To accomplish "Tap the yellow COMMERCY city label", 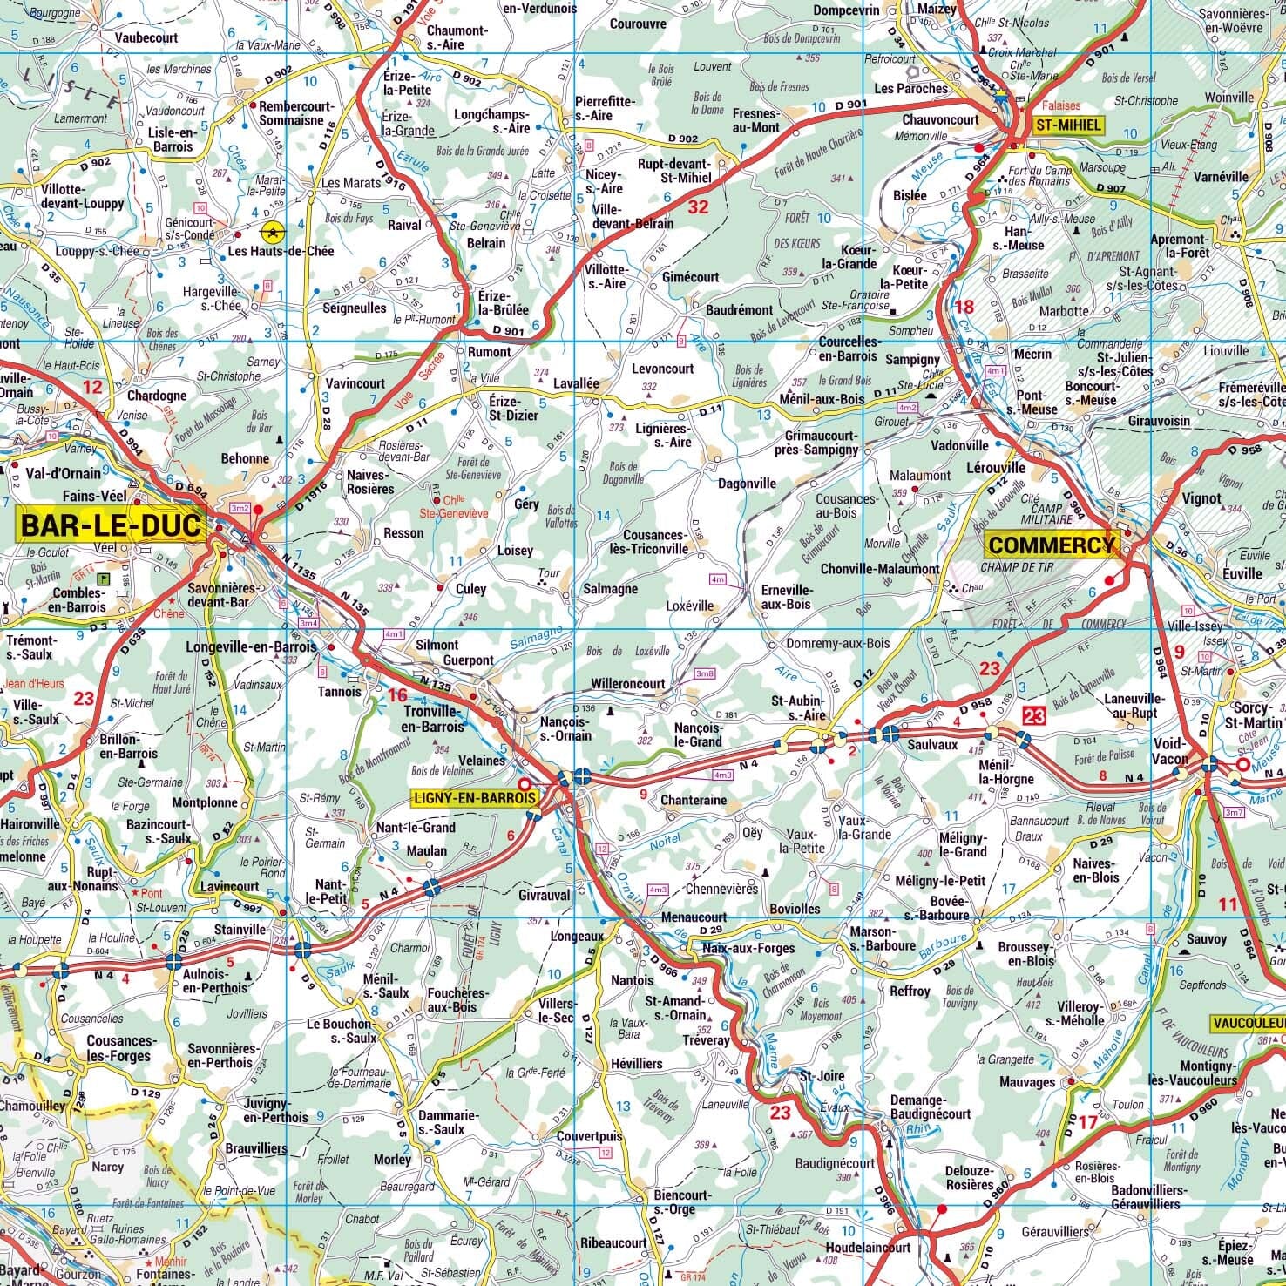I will (x=1051, y=545).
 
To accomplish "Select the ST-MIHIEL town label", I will (x=1068, y=125).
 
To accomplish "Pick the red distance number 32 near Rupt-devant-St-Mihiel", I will (x=698, y=207).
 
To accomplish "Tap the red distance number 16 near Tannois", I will (x=397, y=694).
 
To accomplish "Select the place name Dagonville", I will (x=746, y=484).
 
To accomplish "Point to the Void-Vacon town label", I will (x=1170, y=750).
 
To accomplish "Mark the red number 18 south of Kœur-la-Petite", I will (x=964, y=306).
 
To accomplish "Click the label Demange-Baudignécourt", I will (x=930, y=1107).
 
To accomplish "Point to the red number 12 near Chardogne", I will (x=91, y=386).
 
